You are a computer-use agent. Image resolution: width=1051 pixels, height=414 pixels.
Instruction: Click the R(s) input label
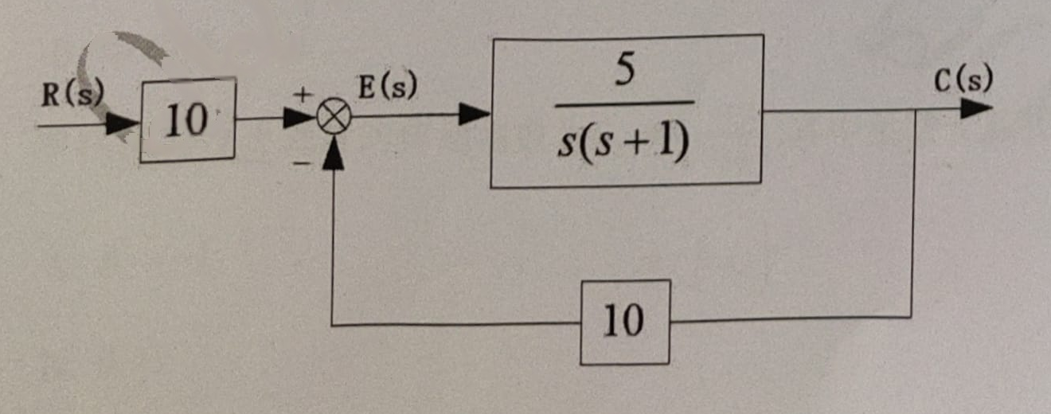pyautogui.click(x=72, y=93)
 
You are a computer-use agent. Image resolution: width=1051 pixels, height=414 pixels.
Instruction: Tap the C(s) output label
pyautogui.click(x=963, y=79)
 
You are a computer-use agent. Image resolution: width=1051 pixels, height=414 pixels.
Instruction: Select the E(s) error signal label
pyautogui.click(x=388, y=86)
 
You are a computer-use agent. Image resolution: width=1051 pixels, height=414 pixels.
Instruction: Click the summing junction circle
pyautogui.click(x=334, y=116)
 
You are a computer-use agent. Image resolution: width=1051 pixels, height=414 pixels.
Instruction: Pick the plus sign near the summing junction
pyautogui.click(x=303, y=95)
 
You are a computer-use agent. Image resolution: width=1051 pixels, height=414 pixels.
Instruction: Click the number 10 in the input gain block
pyautogui.click(x=186, y=121)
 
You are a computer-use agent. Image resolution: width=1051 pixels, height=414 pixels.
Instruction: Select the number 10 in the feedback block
pyautogui.click(x=623, y=321)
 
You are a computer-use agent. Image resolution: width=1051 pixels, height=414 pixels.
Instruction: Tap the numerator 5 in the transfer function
pyautogui.click(x=626, y=68)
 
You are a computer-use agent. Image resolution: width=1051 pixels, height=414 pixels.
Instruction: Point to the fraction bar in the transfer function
pyautogui.click(x=624, y=103)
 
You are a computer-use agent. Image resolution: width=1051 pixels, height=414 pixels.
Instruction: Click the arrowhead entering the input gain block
pyautogui.click(x=123, y=124)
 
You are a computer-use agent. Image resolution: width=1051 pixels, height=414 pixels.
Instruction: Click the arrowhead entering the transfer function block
pyautogui.click(x=475, y=114)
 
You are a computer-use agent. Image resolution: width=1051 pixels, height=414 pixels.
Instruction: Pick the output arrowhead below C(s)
pyautogui.click(x=976, y=108)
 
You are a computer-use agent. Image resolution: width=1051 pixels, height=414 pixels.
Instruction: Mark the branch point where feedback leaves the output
pyautogui.click(x=916, y=111)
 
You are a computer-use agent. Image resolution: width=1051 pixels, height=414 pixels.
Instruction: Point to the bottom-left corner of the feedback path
pyautogui.click(x=332, y=325)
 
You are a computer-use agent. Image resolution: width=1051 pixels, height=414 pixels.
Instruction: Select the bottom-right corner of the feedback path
pyautogui.click(x=912, y=318)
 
